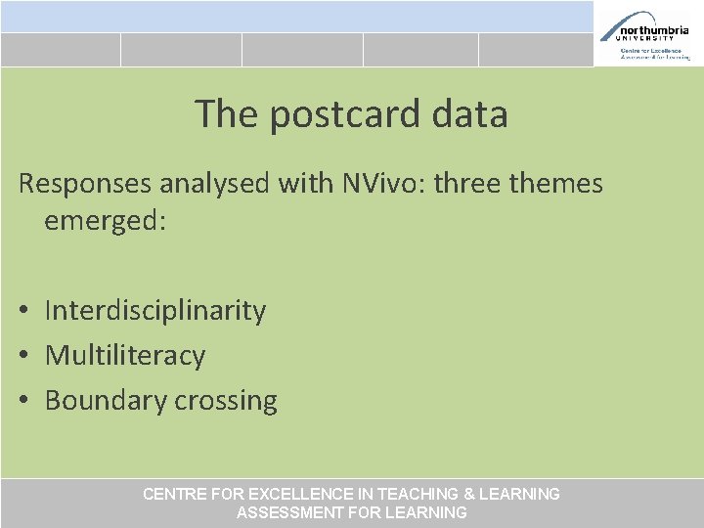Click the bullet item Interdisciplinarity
(x=155, y=310)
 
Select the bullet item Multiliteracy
(x=125, y=355)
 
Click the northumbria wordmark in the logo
(x=652, y=30)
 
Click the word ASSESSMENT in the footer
(x=290, y=512)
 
